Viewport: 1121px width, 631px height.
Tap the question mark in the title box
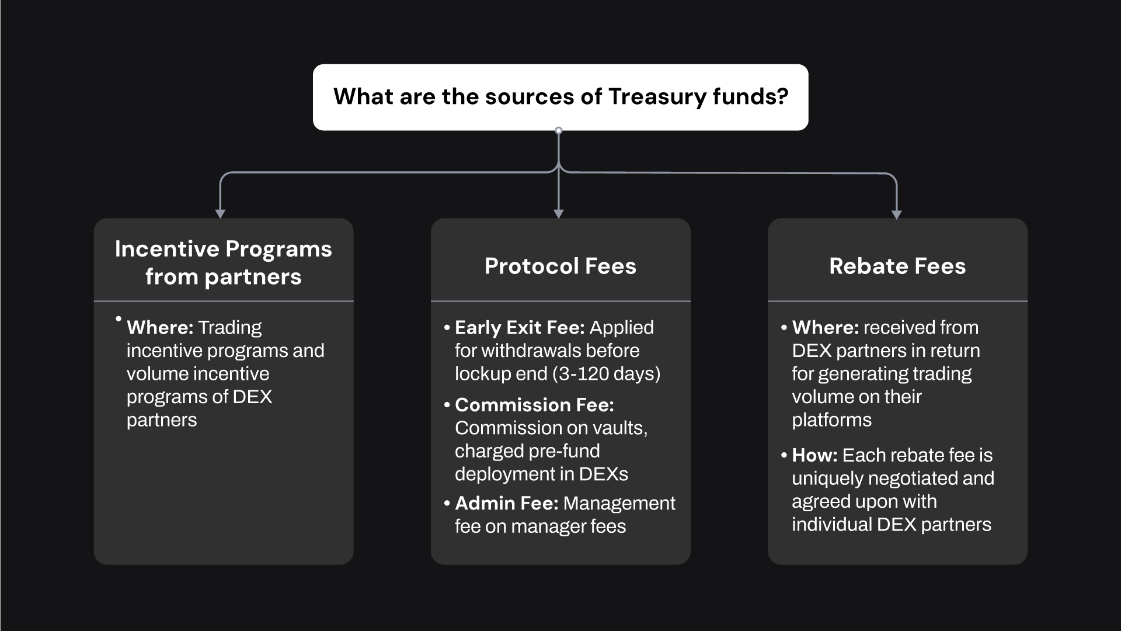[x=783, y=96]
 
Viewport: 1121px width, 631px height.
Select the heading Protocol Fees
[x=560, y=266]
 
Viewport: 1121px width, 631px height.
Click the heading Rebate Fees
[x=897, y=266]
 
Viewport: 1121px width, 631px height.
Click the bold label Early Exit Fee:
[x=520, y=328]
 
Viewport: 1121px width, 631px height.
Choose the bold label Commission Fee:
[x=534, y=405]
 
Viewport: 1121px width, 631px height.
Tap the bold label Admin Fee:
[x=507, y=504]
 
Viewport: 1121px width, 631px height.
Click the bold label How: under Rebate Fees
[x=814, y=455]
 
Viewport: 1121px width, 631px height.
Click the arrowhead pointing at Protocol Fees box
[x=559, y=214]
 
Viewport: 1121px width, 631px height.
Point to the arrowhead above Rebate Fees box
[x=897, y=214]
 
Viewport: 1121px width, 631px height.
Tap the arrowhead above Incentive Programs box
[x=220, y=214]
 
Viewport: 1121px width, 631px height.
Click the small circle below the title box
[x=559, y=130]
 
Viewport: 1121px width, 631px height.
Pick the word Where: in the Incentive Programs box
[x=160, y=328]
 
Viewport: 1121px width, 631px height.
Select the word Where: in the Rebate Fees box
[x=825, y=328]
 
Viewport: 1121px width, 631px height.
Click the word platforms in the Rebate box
[x=831, y=421]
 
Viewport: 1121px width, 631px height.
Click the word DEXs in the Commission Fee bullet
[x=603, y=474]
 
